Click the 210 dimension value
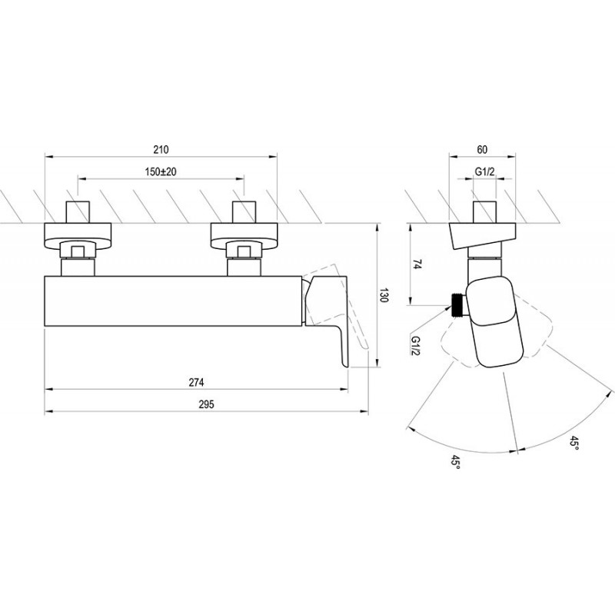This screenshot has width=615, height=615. pyautogui.click(x=161, y=149)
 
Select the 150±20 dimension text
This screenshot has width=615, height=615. pyautogui.click(x=161, y=171)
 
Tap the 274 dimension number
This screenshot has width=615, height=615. pyautogui.click(x=196, y=382)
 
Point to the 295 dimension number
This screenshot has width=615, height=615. pyautogui.click(x=206, y=404)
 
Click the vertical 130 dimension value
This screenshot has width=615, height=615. pyautogui.click(x=384, y=295)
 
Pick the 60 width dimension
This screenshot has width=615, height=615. pyautogui.click(x=482, y=149)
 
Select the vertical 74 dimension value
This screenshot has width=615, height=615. pyautogui.click(x=417, y=265)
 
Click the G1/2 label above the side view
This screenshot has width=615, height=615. pyautogui.click(x=485, y=171)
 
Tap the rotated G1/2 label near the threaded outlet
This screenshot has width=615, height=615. pyautogui.click(x=415, y=345)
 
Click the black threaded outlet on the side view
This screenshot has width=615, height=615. pyautogui.click(x=457, y=304)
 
